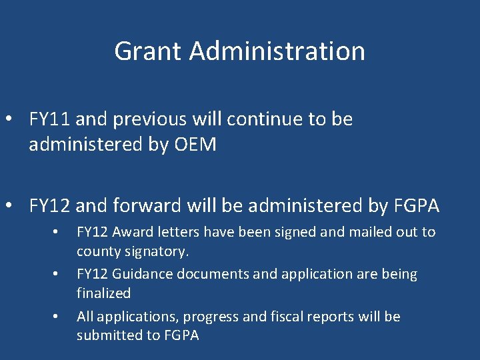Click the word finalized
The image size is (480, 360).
pyautogui.click(x=103, y=293)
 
